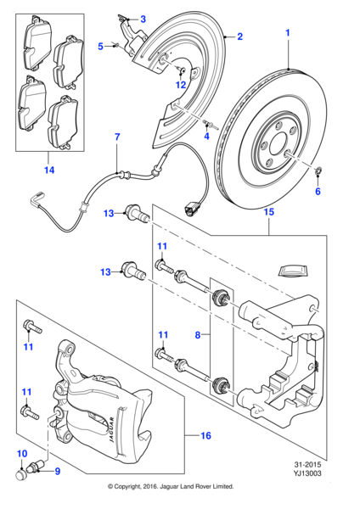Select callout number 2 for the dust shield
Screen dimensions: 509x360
point(240,36)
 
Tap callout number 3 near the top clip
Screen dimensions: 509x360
point(143,19)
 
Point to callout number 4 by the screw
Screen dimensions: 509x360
point(205,137)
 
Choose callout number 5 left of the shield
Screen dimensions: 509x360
point(100,47)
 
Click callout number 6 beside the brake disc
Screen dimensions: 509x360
point(318,193)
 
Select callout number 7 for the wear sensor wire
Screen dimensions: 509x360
point(117,137)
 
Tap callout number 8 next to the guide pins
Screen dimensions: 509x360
point(198,336)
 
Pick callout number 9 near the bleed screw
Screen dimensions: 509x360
point(59,471)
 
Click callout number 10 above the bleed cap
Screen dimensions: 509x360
point(22,453)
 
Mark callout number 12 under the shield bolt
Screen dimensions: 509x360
point(180,84)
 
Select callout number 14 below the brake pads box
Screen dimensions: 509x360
point(49,171)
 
